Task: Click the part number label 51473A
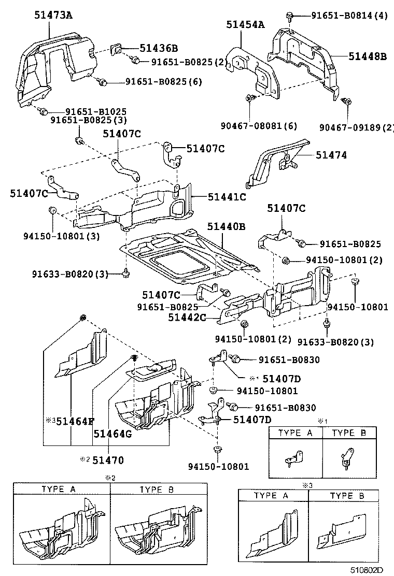click(46, 15)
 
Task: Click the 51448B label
click(367, 57)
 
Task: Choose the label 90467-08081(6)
click(251, 126)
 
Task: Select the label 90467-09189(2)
click(357, 127)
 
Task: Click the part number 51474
click(332, 155)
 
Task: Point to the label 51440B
click(227, 226)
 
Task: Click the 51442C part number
click(187, 318)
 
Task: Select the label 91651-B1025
click(96, 111)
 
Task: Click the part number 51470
click(108, 459)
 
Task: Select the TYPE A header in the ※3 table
click(273, 496)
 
